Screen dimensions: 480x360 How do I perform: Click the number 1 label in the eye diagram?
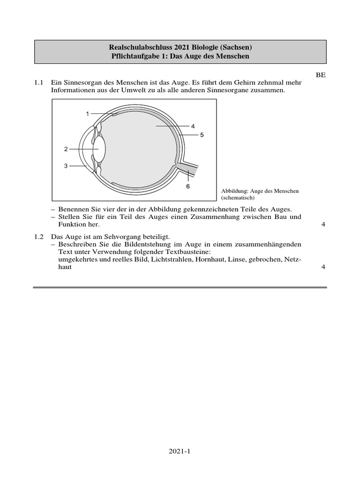pyautogui.click(x=87, y=113)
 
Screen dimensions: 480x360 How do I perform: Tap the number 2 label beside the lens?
pyautogui.click(x=66, y=149)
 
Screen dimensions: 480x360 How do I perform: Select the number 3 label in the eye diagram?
pyautogui.click(x=66, y=165)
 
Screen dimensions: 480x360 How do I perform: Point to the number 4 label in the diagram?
pyautogui.click(x=193, y=126)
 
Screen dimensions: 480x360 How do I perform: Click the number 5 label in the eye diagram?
pyautogui.click(x=202, y=135)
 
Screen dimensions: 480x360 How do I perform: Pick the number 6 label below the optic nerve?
pyautogui.click(x=188, y=186)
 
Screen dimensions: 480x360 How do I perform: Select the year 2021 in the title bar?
pyautogui.click(x=167, y=47)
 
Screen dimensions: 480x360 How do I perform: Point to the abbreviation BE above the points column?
pyautogui.click(x=321, y=75)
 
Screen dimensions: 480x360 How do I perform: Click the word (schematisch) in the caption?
pyautogui.click(x=238, y=198)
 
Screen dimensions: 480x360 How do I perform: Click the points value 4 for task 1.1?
pyautogui.click(x=323, y=225)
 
